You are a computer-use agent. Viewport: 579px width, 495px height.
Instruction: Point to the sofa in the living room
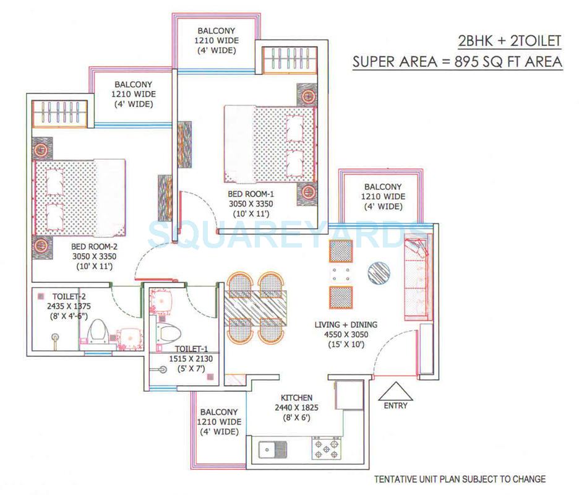(x=416, y=278)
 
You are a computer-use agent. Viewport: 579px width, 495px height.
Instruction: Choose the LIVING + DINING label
(x=346, y=324)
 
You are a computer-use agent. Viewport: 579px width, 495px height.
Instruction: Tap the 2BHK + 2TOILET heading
(x=509, y=41)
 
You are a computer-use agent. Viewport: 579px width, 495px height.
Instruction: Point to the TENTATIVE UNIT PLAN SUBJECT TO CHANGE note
(x=460, y=479)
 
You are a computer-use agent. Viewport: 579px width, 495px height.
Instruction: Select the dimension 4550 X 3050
(x=346, y=334)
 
